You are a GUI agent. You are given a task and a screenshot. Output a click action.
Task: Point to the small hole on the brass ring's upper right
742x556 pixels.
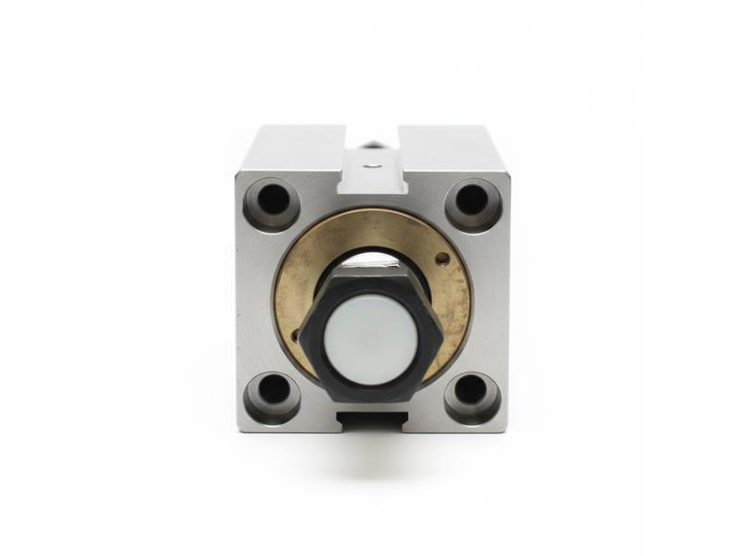[x=442, y=259]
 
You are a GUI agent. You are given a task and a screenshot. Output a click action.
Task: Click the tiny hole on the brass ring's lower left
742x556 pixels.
[x=299, y=336]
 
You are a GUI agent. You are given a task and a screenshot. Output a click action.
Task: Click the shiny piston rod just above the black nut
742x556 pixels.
[x=373, y=259]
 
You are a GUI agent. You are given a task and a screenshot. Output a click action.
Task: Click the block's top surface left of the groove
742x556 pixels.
[x=295, y=146]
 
